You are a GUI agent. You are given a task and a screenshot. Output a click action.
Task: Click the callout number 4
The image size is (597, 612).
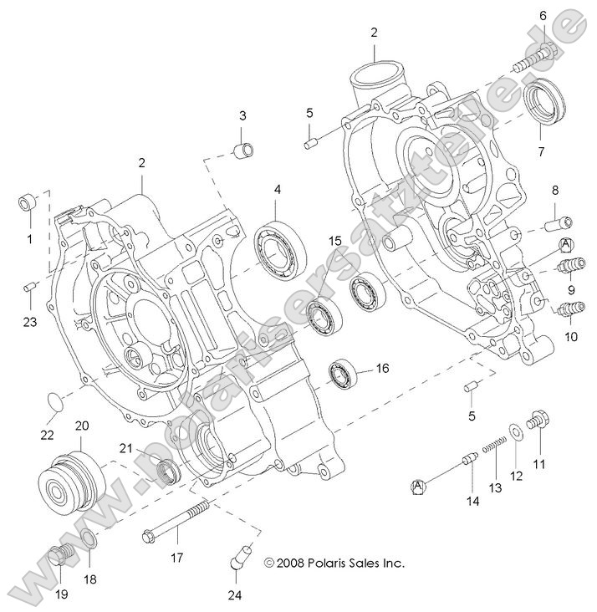click(276, 190)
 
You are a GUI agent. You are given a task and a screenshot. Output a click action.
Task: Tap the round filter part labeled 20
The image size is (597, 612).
click(71, 481)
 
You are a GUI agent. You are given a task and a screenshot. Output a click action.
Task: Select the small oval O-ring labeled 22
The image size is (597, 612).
click(53, 400)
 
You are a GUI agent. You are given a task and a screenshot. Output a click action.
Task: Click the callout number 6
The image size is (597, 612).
click(543, 16)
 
